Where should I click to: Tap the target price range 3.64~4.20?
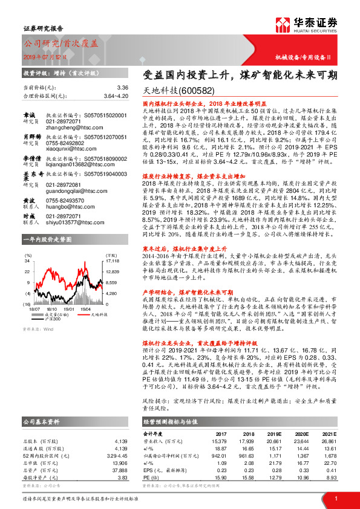[116, 96]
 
